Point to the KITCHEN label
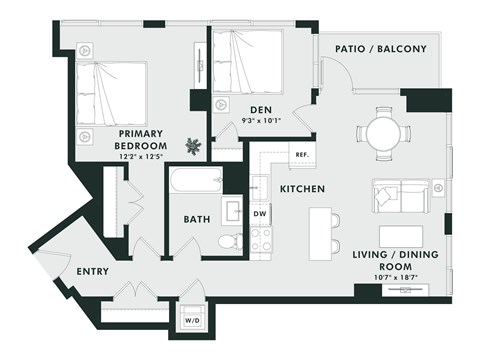tap(299, 188)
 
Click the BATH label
tap(196, 219)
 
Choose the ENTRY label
tap(92, 271)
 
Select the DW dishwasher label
tap(259, 213)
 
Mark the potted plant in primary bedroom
tap(193, 146)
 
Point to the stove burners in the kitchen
tap(261, 239)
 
